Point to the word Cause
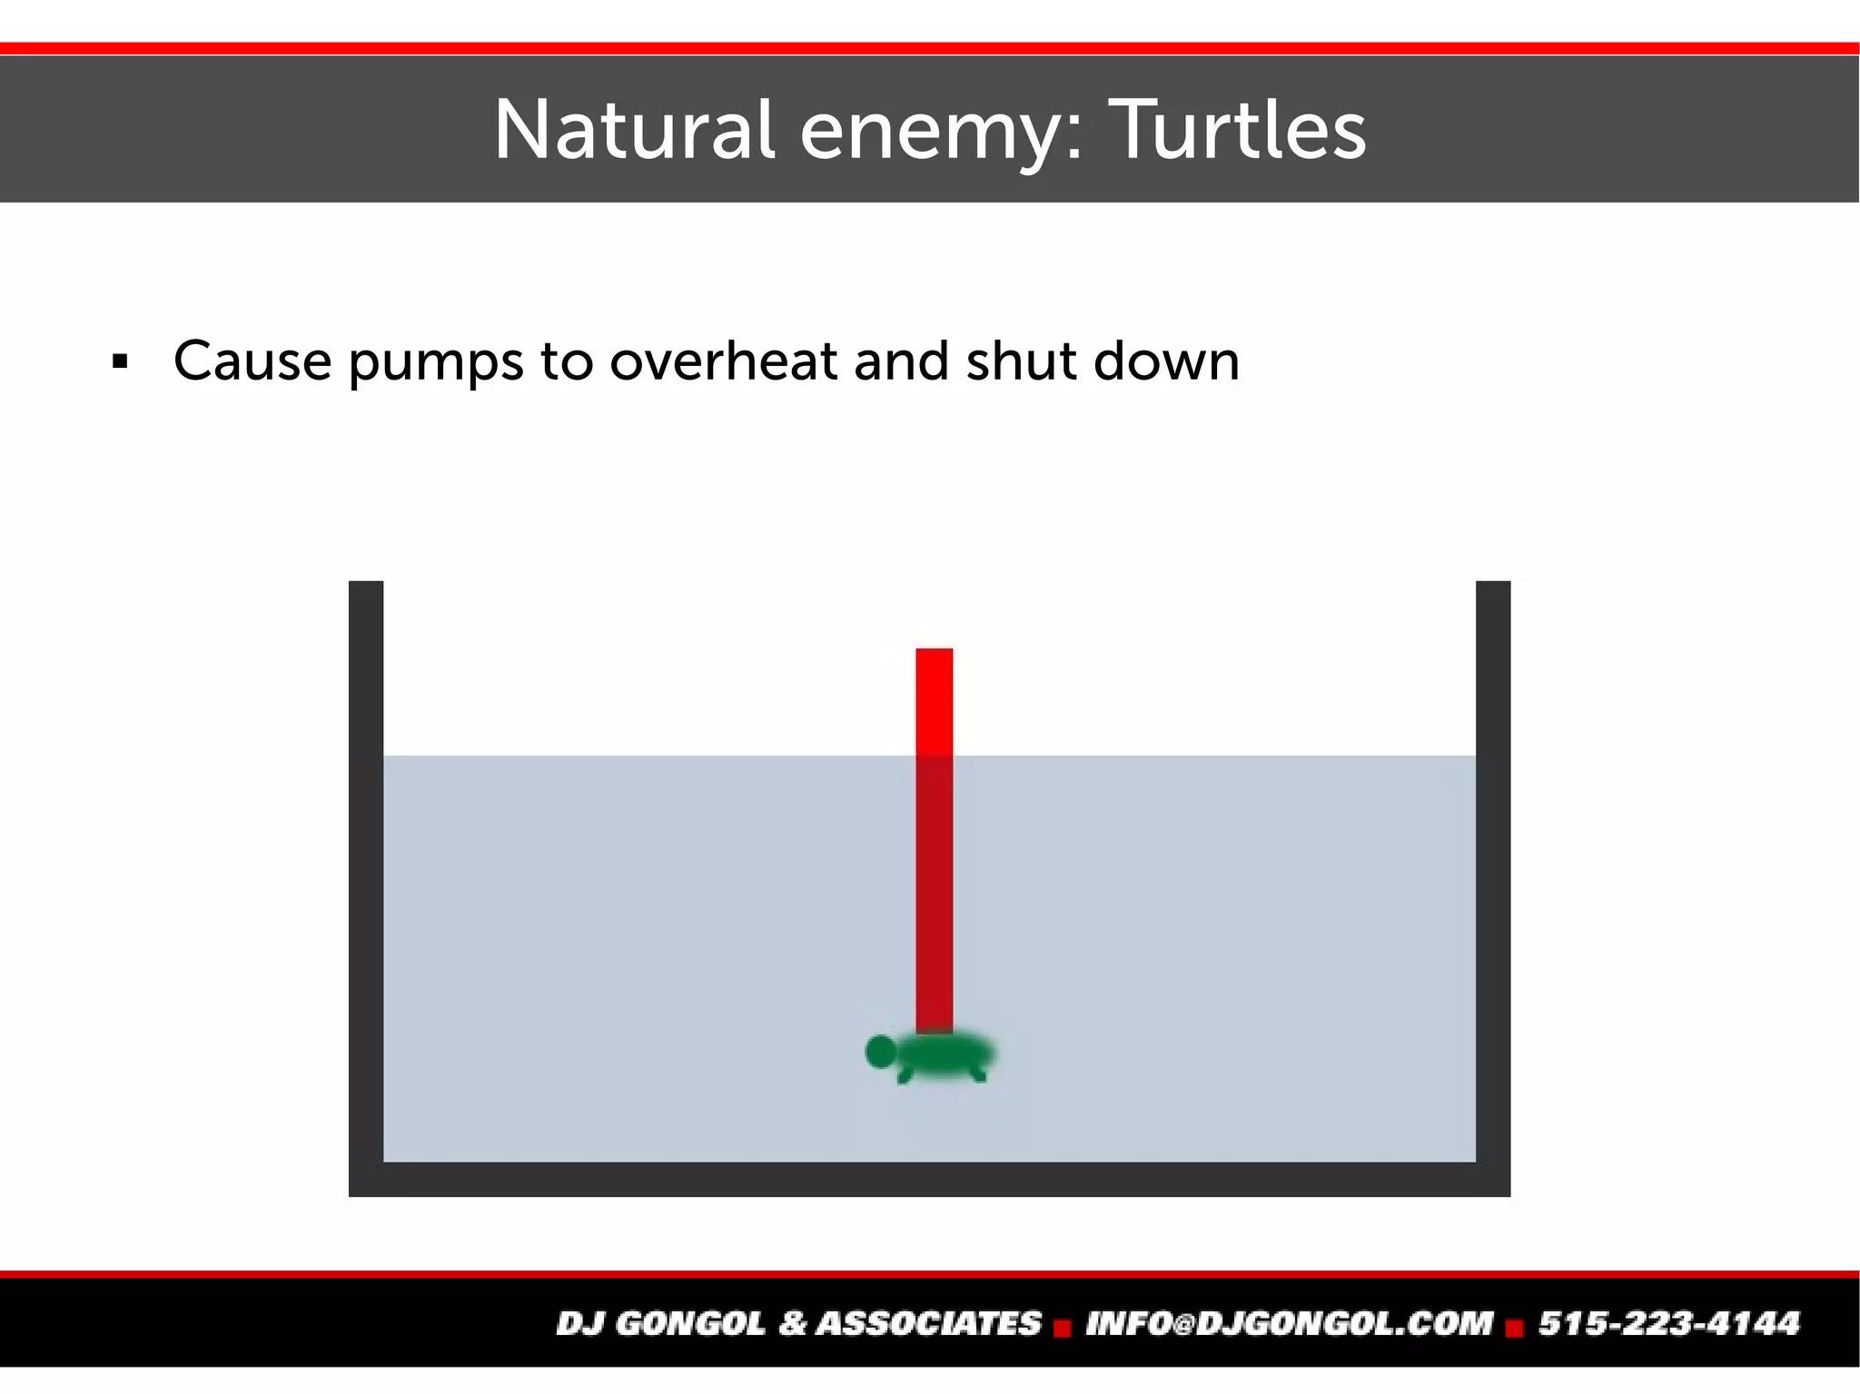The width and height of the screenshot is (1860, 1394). (x=252, y=361)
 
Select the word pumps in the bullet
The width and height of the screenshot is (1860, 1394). (x=436, y=363)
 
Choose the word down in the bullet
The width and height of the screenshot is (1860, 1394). (x=1166, y=361)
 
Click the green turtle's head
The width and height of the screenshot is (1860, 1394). (x=879, y=1052)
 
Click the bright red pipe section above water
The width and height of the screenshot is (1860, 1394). (x=935, y=701)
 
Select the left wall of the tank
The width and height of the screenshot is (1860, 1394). (x=366, y=872)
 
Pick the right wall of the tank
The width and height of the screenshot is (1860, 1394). (x=1493, y=872)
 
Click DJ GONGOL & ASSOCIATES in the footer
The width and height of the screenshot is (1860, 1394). (x=798, y=1323)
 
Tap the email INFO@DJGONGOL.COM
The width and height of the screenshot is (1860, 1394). (x=1289, y=1323)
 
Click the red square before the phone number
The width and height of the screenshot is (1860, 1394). (x=1514, y=1329)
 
